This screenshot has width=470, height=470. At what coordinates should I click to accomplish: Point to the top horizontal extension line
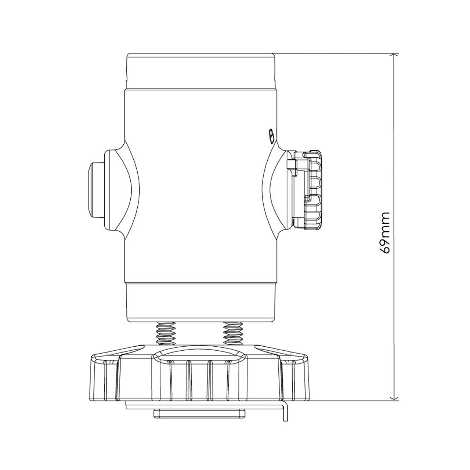[334, 54]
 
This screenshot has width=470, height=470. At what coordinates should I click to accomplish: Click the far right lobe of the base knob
[297, 378]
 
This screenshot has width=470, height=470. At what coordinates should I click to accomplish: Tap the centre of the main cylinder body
[200, 187]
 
